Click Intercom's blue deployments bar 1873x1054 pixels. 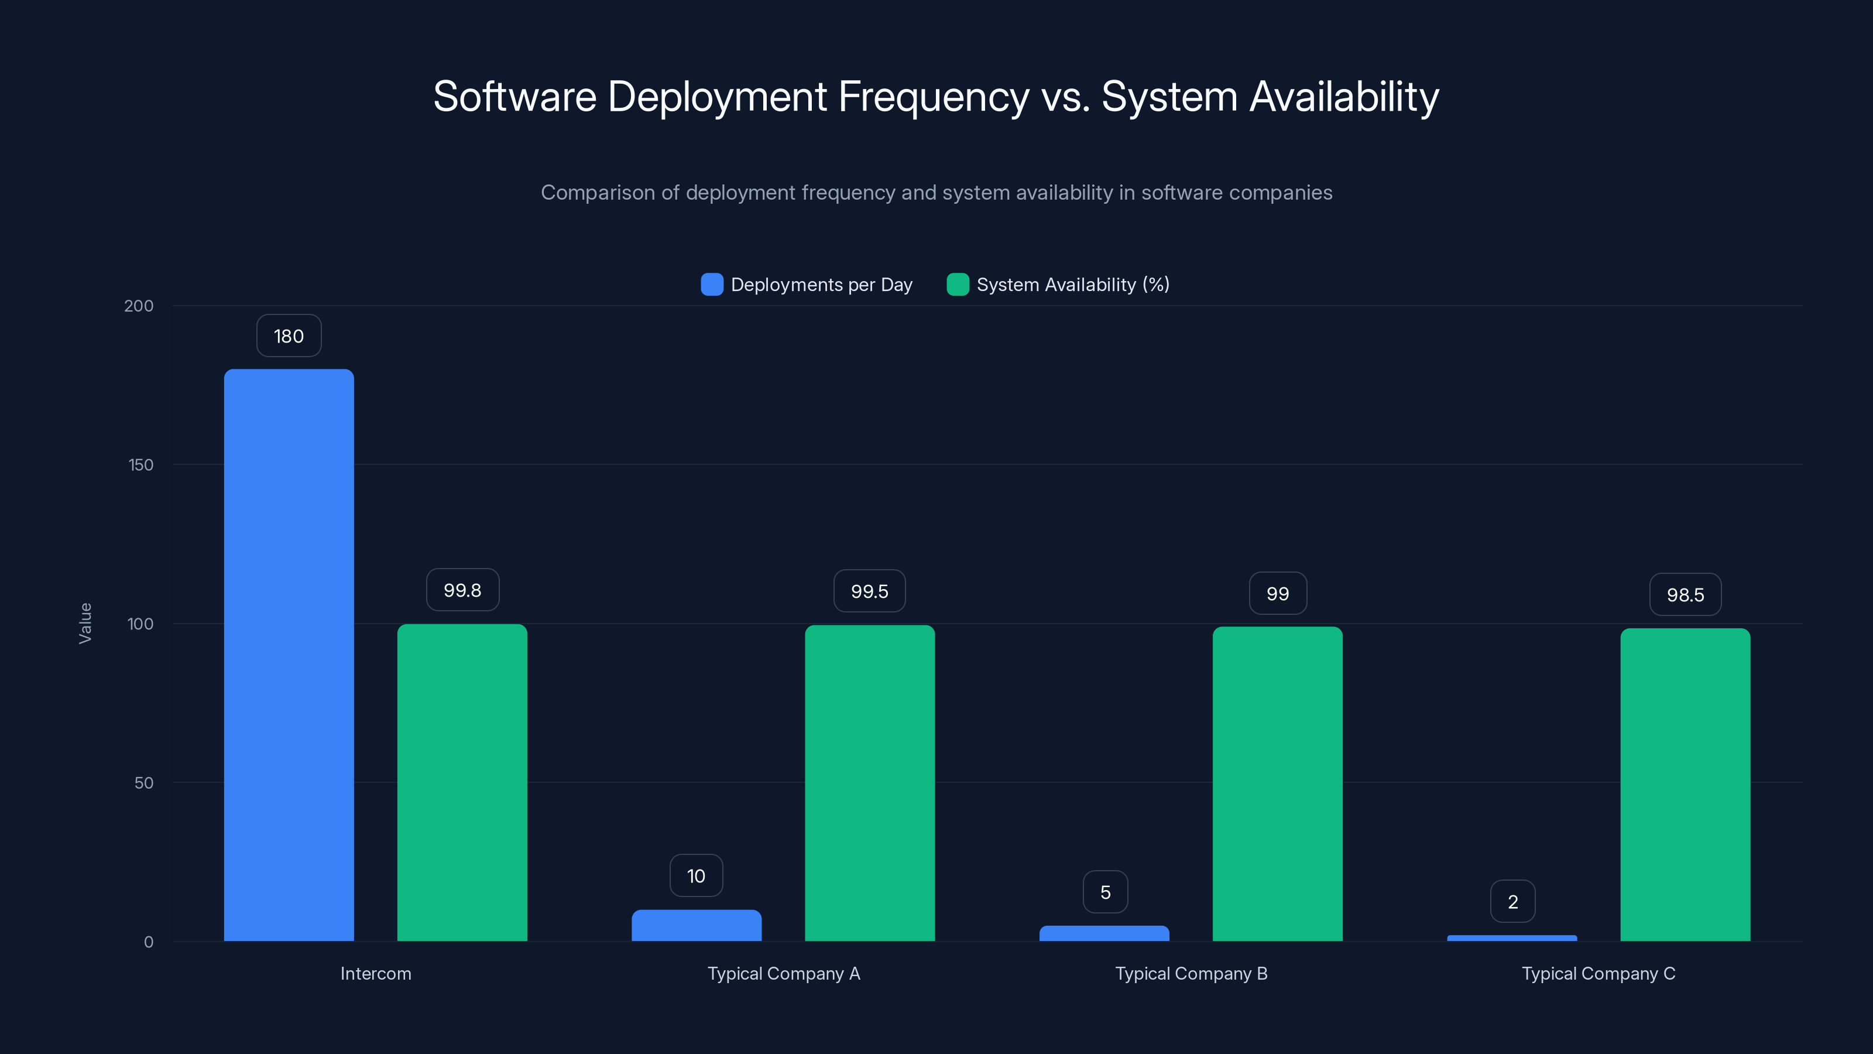pos(289,655)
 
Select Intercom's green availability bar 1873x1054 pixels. pos(462,782)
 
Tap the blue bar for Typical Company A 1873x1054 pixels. pos(696,925)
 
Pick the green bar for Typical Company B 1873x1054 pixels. pos(1277,783)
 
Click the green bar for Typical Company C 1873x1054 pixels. pos(1685,784)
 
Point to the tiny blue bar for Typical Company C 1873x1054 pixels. pos(1512,937)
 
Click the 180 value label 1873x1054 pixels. pos(289,336)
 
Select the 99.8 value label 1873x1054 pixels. pos(462,590)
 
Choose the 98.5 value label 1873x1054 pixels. pos(1685,594)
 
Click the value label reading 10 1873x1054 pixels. pos(696,876)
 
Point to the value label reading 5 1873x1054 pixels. pos(1105,892)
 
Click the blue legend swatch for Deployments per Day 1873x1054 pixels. pos(712,285)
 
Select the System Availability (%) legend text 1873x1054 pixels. pos(1072,285)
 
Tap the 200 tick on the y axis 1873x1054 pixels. pos(139,306)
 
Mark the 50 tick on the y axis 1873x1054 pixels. pos(144,783)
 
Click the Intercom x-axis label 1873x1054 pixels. pos(376,973)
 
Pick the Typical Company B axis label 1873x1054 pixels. pos(1191,973)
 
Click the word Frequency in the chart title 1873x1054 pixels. pos(934,96)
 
